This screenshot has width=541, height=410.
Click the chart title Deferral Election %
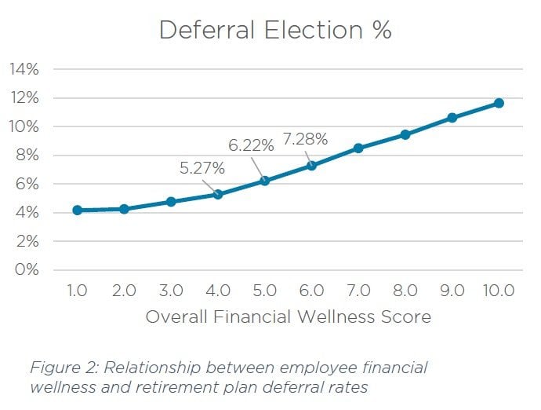(275, 30)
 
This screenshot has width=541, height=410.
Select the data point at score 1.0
(77, 210)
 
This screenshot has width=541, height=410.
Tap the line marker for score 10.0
(498, 103)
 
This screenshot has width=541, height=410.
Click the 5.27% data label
(203, 168)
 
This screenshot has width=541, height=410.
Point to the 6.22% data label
(251, 145)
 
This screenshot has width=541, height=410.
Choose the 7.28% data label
(305, 140)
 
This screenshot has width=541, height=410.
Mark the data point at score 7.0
(358, 148)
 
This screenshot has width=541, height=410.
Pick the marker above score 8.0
(405, 135)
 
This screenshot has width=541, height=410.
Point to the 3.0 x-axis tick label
(171, 291)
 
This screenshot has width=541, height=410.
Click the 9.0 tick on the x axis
(452, 291)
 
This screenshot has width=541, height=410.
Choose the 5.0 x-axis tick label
(264, 291)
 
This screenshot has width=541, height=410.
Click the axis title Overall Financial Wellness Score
(288, 318)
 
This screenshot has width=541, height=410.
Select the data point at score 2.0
(124, 209)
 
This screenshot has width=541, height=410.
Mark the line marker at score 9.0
(452, 118)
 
